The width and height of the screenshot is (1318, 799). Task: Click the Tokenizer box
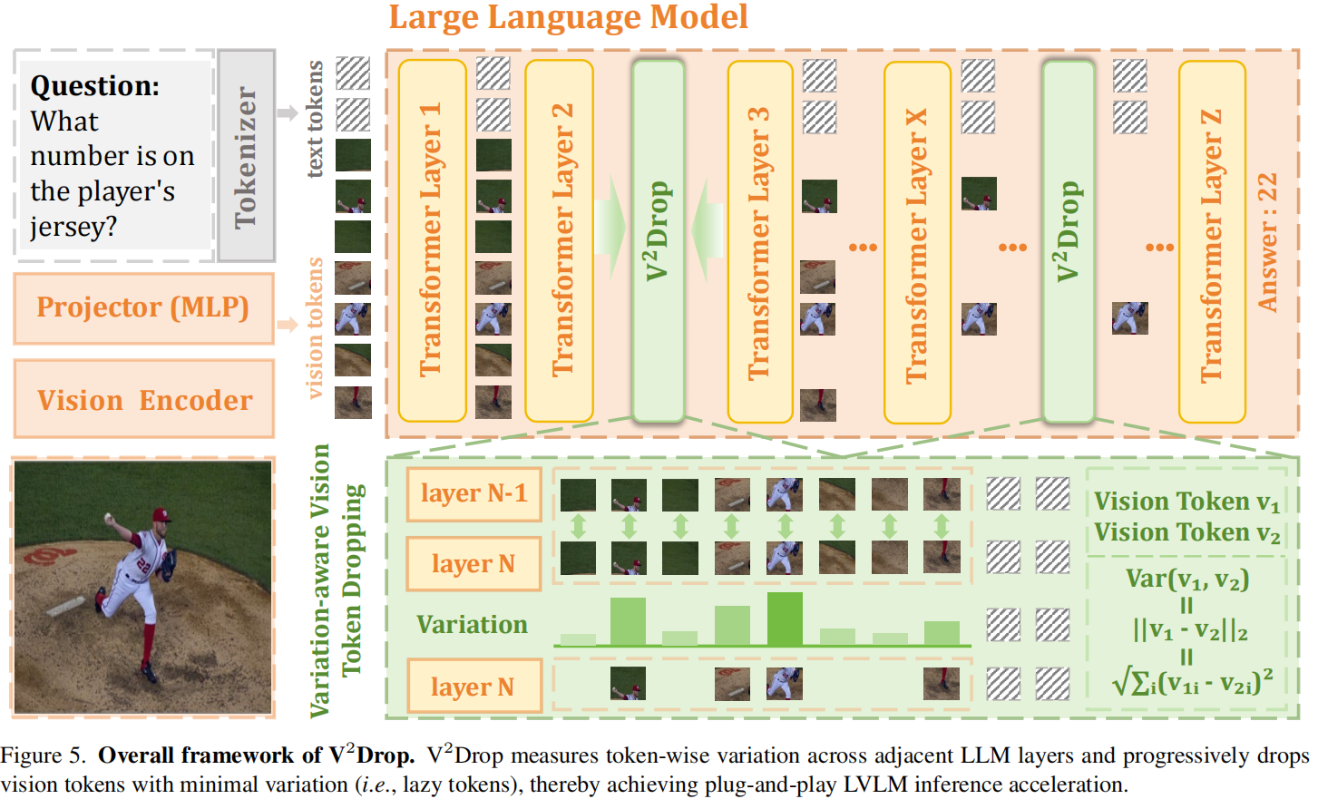pos(246,156)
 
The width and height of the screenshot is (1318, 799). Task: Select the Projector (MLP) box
pos(143,308)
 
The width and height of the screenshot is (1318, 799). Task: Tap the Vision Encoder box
pos(144,400)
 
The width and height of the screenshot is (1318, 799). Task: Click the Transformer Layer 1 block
pos(432,240)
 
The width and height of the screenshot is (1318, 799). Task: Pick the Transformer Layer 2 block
pos(560,240)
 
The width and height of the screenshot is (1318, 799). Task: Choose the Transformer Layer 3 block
pos(760,242)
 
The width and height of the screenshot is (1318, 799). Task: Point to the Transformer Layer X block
pos(917,243)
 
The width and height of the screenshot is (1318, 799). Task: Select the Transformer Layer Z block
pos(1211,242)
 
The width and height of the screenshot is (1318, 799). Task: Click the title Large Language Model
pos(568,17)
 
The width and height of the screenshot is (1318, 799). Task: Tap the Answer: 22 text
pos(1268,242)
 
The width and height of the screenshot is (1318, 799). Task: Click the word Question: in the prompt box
pos(94,86)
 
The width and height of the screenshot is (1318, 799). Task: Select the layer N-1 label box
pos(474,494)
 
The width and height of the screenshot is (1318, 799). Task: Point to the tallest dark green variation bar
pos(785,619)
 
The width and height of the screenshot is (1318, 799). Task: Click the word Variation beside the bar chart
pos(472,625)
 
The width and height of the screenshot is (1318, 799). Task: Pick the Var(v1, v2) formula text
pos(1187,579)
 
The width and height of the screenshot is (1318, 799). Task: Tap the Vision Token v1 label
pos(1186,502)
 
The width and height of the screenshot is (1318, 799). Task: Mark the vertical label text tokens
pos(315,119)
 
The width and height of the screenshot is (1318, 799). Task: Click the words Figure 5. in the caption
pos(44,755)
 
